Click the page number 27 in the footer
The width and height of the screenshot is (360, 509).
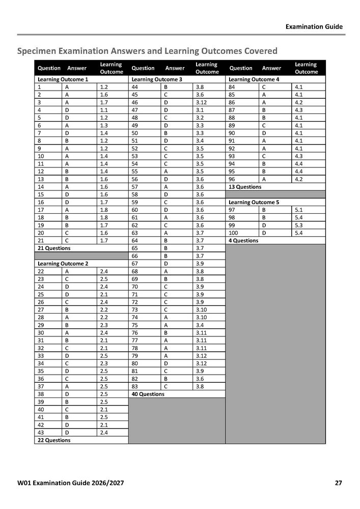click(x=338, y=483)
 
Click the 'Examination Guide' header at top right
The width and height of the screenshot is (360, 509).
click(x=314, y=26)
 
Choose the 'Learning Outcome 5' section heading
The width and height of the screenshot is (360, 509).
click(x=254, y=202)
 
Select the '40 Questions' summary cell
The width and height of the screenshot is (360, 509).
click(x=148, y=394)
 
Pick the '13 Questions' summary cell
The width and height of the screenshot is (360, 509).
click(x=245, y=187)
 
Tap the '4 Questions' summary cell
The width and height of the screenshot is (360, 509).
click(x=243, y=240)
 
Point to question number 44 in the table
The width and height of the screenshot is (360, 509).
click(x=135, y=87)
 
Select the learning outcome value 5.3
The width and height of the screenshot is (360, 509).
click(x=298, y=225)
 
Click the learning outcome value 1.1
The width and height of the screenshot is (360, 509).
click(x=104, y=110)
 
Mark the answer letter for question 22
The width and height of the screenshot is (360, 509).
click(x=66, y=271)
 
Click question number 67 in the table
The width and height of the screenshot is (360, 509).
click(x=135, y=264)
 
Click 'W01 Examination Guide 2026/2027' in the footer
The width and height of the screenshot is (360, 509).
click(x=70, y=483)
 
